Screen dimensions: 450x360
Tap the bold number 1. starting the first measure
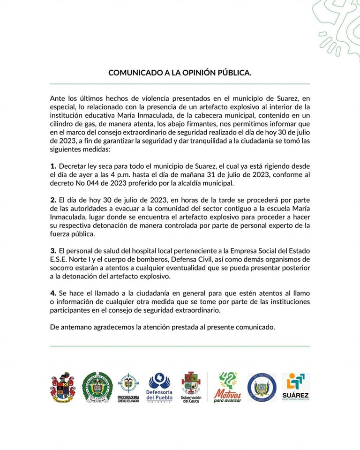click(53, 166)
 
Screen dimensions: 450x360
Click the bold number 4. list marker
click(53, 293)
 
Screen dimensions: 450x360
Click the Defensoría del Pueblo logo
click(159, 387)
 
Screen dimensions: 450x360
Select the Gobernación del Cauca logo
click(191, 387)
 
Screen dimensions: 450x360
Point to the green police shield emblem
click(97, 387)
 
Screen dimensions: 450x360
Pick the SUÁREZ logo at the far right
click(295, 387)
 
